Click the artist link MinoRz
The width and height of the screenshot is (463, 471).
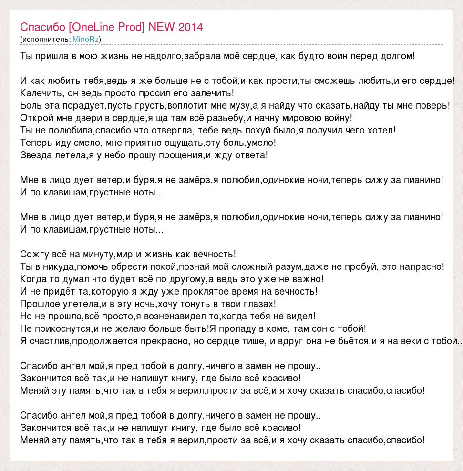coord(85,39)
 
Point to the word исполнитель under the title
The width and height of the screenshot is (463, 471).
coord(46,39)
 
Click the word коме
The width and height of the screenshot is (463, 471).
coord(289,328)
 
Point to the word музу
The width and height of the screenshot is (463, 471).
coord(239,105)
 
